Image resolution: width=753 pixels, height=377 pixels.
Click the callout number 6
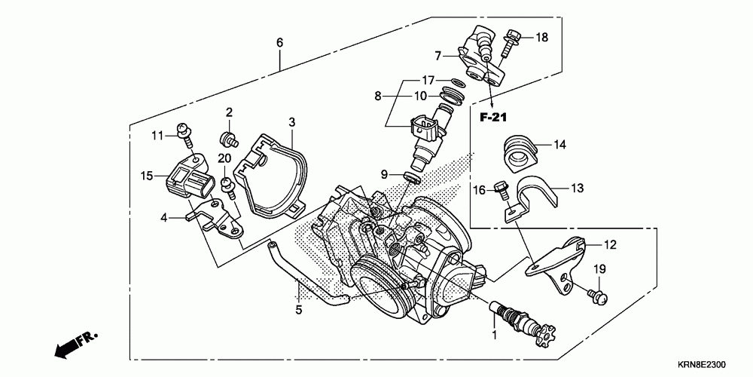point(279,42)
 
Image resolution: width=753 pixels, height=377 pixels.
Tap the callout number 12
point(610,244)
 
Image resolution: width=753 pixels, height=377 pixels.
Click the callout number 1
point(494,333)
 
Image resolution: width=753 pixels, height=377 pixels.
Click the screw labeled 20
point(225,185)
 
